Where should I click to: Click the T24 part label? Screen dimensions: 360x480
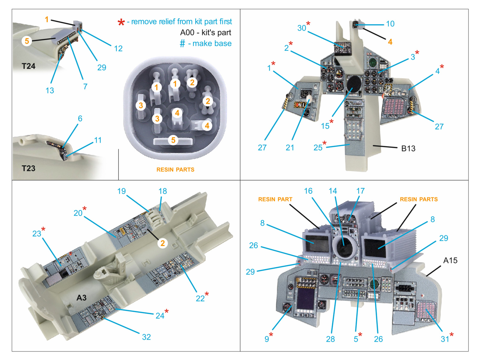[28, 66]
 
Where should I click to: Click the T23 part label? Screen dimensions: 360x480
[28, 168]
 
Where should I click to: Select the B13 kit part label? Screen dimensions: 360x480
[408, 148]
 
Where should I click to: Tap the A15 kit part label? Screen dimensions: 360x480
[450, 260]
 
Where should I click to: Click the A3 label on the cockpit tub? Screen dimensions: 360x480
[81, 298]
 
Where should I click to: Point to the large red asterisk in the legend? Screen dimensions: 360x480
[121, 22]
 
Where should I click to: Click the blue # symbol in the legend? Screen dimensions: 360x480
[182, 44]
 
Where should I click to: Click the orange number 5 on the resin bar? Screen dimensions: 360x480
[173, 140]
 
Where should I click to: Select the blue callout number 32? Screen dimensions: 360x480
[146, 337]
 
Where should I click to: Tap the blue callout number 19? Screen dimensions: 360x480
[121, 191]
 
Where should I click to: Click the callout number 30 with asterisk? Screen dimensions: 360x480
[302, 28]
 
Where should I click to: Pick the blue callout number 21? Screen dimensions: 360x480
[290, 148]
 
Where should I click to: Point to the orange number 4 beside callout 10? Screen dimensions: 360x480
[390, 42]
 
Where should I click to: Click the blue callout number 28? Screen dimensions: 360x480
[330, 339]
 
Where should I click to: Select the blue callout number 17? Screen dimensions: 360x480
[360, 191]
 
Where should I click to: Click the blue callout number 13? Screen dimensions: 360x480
[50, 90]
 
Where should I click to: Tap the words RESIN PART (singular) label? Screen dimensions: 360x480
[275, 199]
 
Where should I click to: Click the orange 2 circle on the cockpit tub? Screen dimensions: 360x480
[163, 243]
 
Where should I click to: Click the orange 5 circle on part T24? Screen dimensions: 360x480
[27, 41]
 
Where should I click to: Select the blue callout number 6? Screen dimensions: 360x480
[80, 118]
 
